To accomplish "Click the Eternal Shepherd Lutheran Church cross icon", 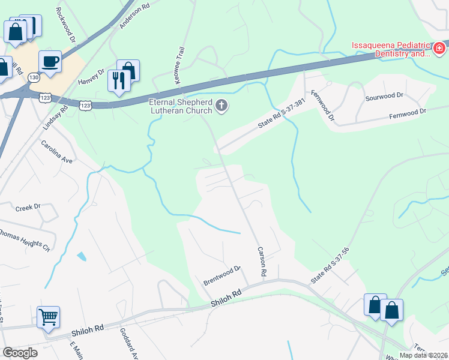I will point(221,107).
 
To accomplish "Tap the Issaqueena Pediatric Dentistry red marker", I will point(439,47).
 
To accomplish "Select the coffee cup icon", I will point(50,61).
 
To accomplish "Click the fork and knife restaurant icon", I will point(118,80).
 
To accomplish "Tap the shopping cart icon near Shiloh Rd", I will point(48,316).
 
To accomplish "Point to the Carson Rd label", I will point(262,262).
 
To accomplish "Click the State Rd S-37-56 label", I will point(330,266).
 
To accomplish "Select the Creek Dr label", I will point(28,207).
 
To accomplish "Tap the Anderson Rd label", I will point(133,17).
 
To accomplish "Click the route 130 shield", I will point(35,78).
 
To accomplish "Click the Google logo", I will point(20,352).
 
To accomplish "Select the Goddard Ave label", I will point(130,344).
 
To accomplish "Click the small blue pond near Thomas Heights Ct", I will point(81,256).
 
